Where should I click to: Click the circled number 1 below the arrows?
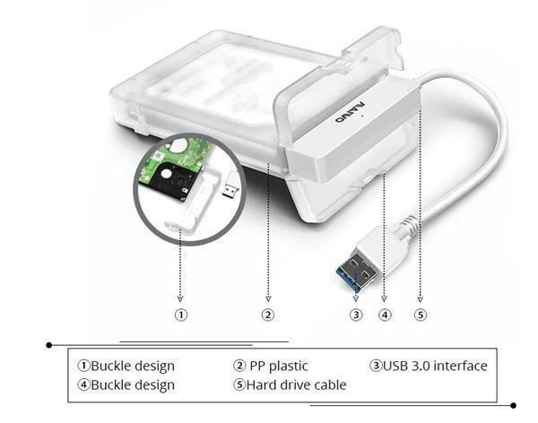click(x=181, y=315)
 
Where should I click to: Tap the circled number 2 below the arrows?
click(x=268, y=315)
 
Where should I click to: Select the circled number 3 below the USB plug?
click(x=356, y=315)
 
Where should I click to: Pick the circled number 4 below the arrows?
click(x=385, y=315)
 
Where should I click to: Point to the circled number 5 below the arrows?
click(x=421, y=315)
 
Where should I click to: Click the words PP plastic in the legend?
click(x=279, y=367)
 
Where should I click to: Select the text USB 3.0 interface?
click(x=435, y=366)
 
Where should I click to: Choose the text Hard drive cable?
click(x=296, y=385)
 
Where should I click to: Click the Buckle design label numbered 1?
click(x=133, y=367)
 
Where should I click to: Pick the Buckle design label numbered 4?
click(x=133, y=385)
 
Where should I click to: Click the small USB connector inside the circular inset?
click(x=230, y=185)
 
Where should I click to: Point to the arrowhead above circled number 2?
click(x=268, y=299)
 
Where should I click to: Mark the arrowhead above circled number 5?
click(x=421, y=299)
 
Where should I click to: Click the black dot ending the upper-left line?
click(x=49, y=345)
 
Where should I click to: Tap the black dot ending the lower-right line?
click(x=513, y=405)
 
